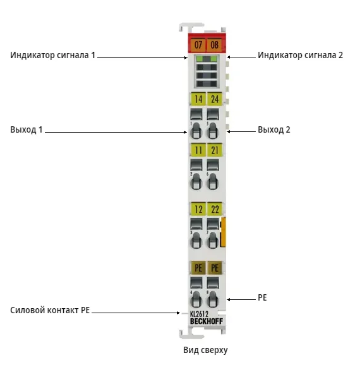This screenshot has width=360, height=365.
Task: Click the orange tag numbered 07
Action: click(x=198, y=44)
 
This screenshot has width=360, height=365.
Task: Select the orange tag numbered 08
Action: click(x=215, y=44)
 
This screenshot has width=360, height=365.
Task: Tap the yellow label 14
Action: click(x=198, y=99)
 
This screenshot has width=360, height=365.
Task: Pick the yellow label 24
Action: click(x=215, y=99)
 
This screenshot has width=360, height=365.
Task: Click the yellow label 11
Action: click(x=198, y=150)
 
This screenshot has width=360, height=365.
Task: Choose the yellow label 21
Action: click(x=215, y=150)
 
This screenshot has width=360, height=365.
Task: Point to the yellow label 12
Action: click(x=198, y=209)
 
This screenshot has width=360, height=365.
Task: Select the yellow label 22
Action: click(x=215, y=209)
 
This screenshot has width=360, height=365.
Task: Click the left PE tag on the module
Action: click(x=198, y=268)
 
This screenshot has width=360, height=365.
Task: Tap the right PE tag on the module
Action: click(x=215, y=268)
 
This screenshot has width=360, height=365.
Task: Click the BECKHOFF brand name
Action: click(x=207, y=321)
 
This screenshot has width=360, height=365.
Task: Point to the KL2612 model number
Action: click(x=200, y=314)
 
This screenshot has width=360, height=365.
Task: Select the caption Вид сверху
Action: click(x=205, y=350)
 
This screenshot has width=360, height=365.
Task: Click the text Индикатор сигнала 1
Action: click(x=52, y=55)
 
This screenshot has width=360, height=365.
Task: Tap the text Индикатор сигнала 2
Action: click(x=300, y=55)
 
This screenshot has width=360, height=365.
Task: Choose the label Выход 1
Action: click(x=27, y=129)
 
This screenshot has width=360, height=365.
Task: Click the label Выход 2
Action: click(x=274, y=129)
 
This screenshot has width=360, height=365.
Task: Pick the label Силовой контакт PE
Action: click(x=50, y=310)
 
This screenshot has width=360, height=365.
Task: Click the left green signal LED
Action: click(x=200, y=59)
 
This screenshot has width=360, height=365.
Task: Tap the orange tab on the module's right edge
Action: click(x=223, y=232)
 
